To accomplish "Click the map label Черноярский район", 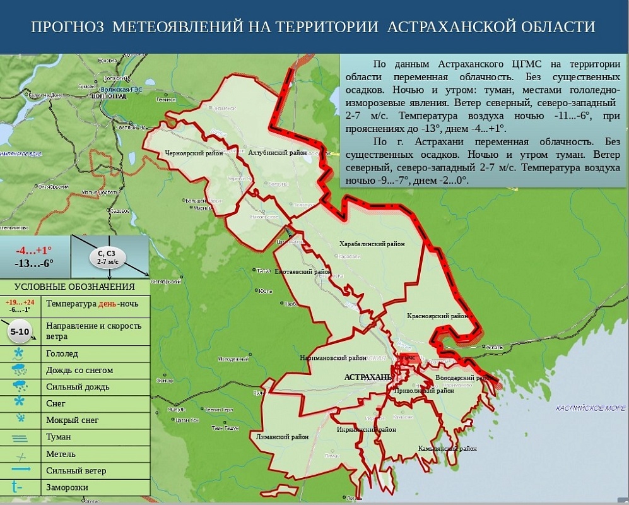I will (x=194, y=153).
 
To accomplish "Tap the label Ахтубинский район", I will (x=278, y=153).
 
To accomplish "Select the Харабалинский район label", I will (x=372, y=244).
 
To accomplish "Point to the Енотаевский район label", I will (x=303, y=271).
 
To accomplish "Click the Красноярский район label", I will (x=437, y=316).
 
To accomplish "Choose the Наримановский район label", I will (x=334, y=358).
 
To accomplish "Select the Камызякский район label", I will (x=447, y=449).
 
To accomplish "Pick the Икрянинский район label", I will (x=367, y=429).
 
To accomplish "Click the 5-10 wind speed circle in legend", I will (x=19, y=331).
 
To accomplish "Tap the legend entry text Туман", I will (x=58, y=437).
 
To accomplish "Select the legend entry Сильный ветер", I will (x=76, y=470).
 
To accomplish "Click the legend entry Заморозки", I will (x=67, y=487).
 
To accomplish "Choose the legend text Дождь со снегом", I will (x=79, y=370).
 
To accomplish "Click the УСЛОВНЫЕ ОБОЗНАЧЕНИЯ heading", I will (x=76, y=287).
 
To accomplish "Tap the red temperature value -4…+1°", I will (x=34, y=250).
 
